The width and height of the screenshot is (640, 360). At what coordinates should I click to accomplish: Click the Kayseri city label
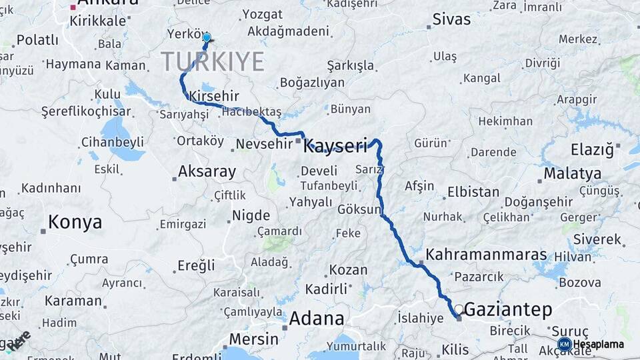tap(335, 145)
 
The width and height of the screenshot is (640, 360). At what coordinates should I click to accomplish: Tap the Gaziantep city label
tap(508, 309)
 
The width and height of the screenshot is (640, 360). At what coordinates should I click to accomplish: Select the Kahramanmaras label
tap(486, 255)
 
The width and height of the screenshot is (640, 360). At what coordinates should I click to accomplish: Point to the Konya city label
tap(75, 222)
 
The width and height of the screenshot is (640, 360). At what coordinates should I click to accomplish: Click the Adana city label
tap(316, 318)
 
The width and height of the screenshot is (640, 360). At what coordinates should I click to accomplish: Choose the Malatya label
tap(572, 173)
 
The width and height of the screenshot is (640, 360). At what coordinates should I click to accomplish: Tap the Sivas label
tap(451, 19)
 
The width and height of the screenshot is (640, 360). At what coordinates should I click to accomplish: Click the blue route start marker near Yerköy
tap(207, 38)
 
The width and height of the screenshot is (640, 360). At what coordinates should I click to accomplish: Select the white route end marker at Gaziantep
tap(459, 309)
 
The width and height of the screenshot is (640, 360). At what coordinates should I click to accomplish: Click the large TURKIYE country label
tap(213, 61)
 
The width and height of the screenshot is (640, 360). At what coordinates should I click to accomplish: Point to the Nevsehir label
tap(265, 143)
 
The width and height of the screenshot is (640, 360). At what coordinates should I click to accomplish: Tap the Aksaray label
tap(207, 172)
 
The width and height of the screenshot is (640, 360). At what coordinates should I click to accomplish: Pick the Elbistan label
tap(473, 192)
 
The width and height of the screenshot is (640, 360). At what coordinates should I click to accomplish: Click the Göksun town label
tap(359, 209)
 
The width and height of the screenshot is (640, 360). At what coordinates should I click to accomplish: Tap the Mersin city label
tap(253, 339)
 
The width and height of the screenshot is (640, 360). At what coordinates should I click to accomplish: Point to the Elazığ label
tap(592, 149)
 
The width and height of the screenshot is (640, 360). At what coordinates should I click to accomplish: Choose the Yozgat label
tap(262, 14)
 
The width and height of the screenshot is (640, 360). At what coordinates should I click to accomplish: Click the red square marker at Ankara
tap(73, 7)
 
